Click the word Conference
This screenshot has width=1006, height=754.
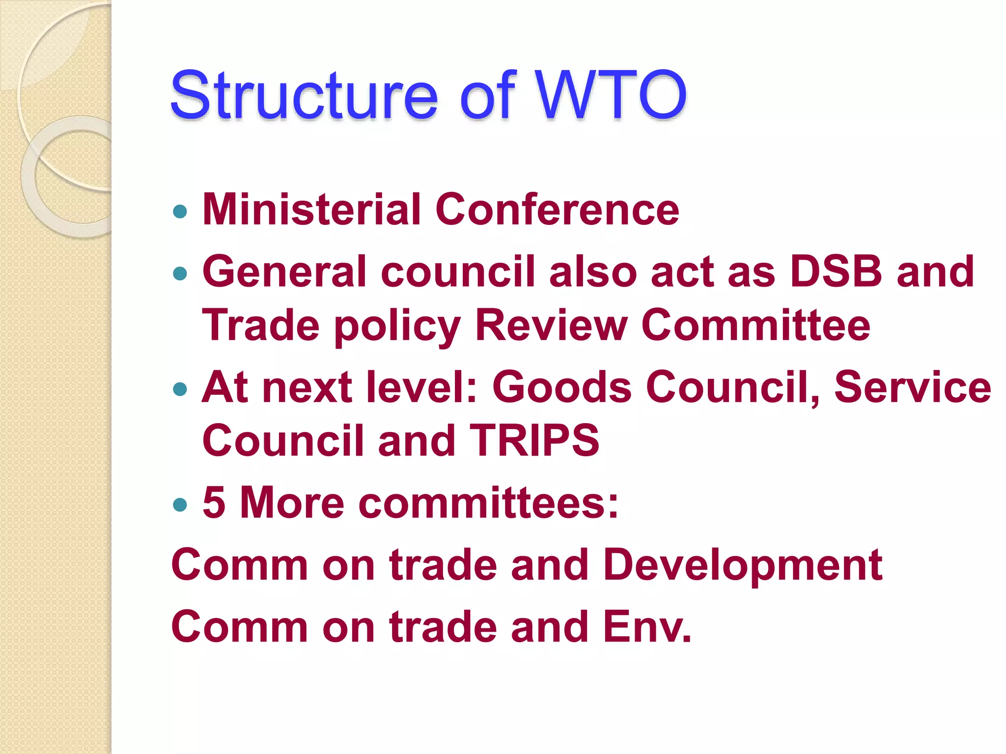coord(557,210)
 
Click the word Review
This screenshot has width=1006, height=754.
coord(552,325)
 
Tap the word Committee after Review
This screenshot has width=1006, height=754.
coord(756,325)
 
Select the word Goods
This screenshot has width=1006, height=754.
coord(562,387)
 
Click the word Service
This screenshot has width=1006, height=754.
coord(913,387)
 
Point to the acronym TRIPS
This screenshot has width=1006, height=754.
coord(534,440)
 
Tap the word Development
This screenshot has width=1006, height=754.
coord(742,565)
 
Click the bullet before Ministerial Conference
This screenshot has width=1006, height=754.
coord(181,212)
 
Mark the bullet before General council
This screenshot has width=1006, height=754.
coord(181,273)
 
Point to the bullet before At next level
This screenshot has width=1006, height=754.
coord(181,389)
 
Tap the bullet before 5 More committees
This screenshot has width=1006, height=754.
coord(181,504)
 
